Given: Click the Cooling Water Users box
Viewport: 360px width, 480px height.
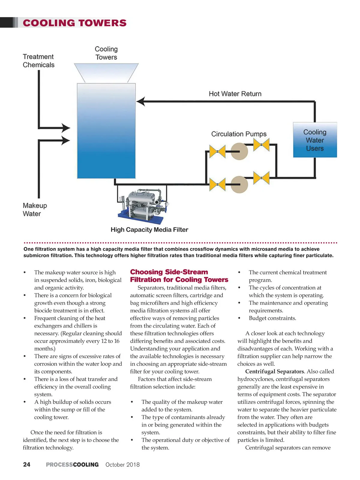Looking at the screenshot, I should tap(315, 140).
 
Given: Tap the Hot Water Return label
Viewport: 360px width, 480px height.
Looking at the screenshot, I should tap(235, 94).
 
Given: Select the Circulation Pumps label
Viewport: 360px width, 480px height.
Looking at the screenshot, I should tap(239, 134).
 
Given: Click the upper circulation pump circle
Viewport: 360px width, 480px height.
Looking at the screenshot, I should tap(239, 151).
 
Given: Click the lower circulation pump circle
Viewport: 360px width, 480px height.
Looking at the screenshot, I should tap(239, 184).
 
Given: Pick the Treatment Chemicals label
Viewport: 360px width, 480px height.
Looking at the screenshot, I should tap(38, 61).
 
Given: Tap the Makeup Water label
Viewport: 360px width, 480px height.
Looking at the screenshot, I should tap(34, 209).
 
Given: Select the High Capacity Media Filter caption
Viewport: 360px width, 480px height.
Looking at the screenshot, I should tap(149, 230).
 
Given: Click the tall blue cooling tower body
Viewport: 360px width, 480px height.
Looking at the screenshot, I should tap(106, 131).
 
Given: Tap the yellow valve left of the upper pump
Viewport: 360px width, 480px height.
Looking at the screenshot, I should tap(217, 151).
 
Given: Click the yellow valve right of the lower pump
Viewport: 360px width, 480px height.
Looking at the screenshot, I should tap(261, 178).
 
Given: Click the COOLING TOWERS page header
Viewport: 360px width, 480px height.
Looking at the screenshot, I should tap(75, 23).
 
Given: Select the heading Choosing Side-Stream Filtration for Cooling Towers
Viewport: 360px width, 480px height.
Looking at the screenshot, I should tap(179, 276).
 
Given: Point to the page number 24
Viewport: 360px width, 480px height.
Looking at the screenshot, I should tap(27, 465).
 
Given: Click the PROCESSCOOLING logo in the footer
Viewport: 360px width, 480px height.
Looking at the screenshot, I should tap(72, 465).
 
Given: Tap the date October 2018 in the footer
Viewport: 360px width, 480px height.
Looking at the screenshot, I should tap(122, 465).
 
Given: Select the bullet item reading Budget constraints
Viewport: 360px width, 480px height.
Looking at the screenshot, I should tap(272, 318).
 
